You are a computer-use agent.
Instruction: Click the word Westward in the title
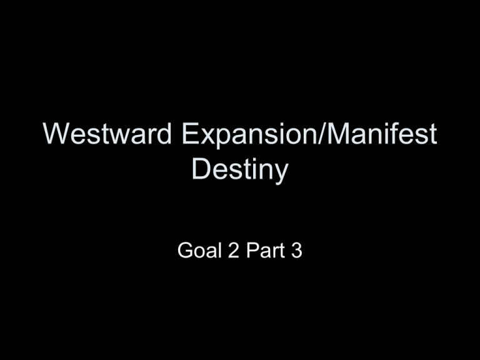click(x=107, y=133)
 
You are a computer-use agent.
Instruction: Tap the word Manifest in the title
click(x=382, y=133)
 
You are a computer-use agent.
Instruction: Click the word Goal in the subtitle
click(x=199, y=251)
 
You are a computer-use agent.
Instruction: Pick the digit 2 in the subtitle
click(x=234, y=251)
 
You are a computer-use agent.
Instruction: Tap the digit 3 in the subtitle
click(x=296, y=251)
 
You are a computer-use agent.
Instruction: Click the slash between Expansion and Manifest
click(x=322, y=133)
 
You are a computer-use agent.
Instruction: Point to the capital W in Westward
click(x=57, y=133)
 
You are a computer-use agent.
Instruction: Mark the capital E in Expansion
click(x=190, y=133)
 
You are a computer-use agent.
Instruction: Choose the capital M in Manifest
click(x=338, y=133)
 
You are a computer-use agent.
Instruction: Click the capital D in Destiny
click(x=202, y=168)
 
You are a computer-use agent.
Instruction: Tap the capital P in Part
click(x=252, y=251)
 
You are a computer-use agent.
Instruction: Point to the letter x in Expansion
click(x=208, y=136)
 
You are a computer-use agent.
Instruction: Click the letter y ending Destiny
click(x=281, y=174)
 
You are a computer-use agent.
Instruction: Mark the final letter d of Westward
click(x=164, y=133)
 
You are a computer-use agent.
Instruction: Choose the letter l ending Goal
click(x=219, y=251)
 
